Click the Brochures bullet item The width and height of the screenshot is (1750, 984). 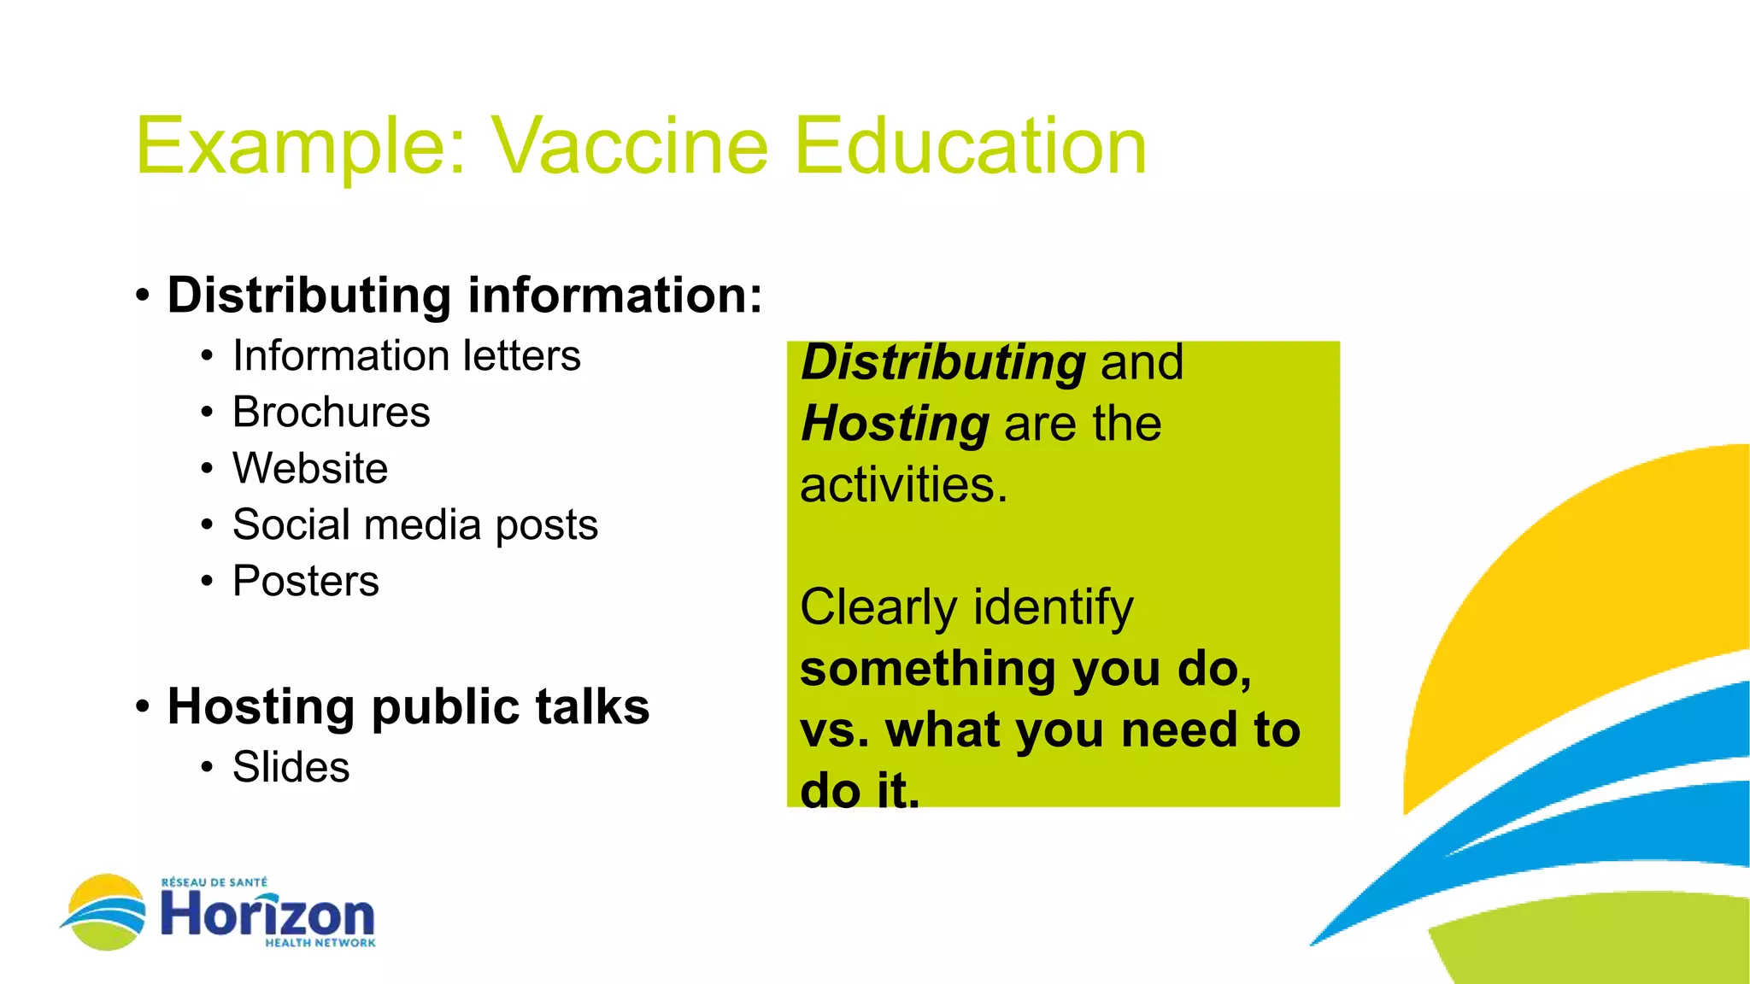coord(331,413)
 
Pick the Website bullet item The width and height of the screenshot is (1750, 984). coord(310,469)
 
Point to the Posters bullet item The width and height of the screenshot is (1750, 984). coord(305,582)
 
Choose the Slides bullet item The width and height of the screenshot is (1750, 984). coord(291,767)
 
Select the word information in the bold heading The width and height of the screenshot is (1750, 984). coord(614,296)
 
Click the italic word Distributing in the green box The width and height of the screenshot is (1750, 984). coord(943,362)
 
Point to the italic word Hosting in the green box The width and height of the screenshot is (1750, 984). coord(895,424)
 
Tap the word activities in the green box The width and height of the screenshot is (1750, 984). coord(903,485)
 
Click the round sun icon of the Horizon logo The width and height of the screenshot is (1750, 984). coord(106,911)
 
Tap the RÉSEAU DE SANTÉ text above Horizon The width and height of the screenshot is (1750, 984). coord(214,882)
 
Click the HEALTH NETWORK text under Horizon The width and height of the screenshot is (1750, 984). coord(320,943)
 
